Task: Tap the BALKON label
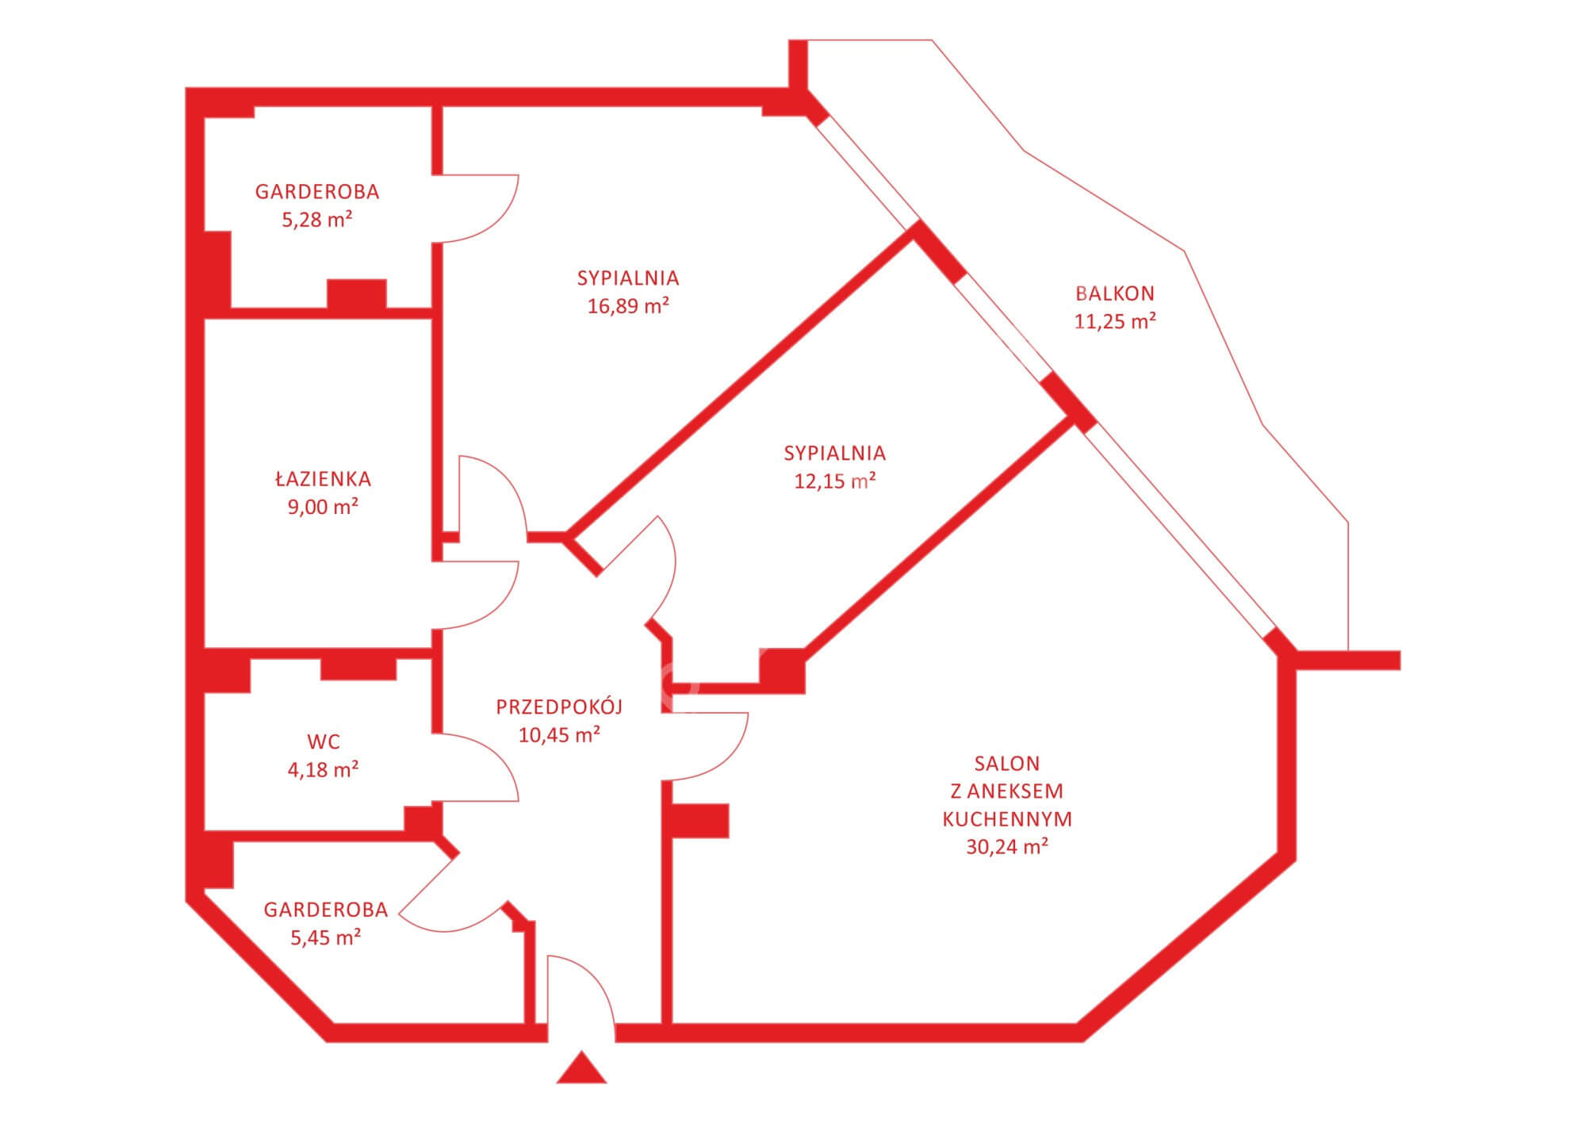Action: click(x=1114, y=293)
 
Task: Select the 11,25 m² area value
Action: click(x=1114, y=321)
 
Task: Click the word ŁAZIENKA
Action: click(x=323, y=478)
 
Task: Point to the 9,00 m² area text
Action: click(x=323, y=507)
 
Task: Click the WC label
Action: click(x=323, y=742)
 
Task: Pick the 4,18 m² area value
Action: click(x=323, y=769)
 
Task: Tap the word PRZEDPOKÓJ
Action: click(x=559, y=706)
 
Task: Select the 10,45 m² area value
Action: click(x=559, y=734)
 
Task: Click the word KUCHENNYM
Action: click(x=1007, y=818)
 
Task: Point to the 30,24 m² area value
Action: click(x=1007, y=846)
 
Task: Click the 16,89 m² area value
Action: click(x=628, y=306)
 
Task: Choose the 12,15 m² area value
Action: click(x=834, y=481)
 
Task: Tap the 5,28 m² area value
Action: click(x=317, y=220)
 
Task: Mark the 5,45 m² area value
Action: click(x=326, y=937)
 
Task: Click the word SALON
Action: click(x=1007, y=763)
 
